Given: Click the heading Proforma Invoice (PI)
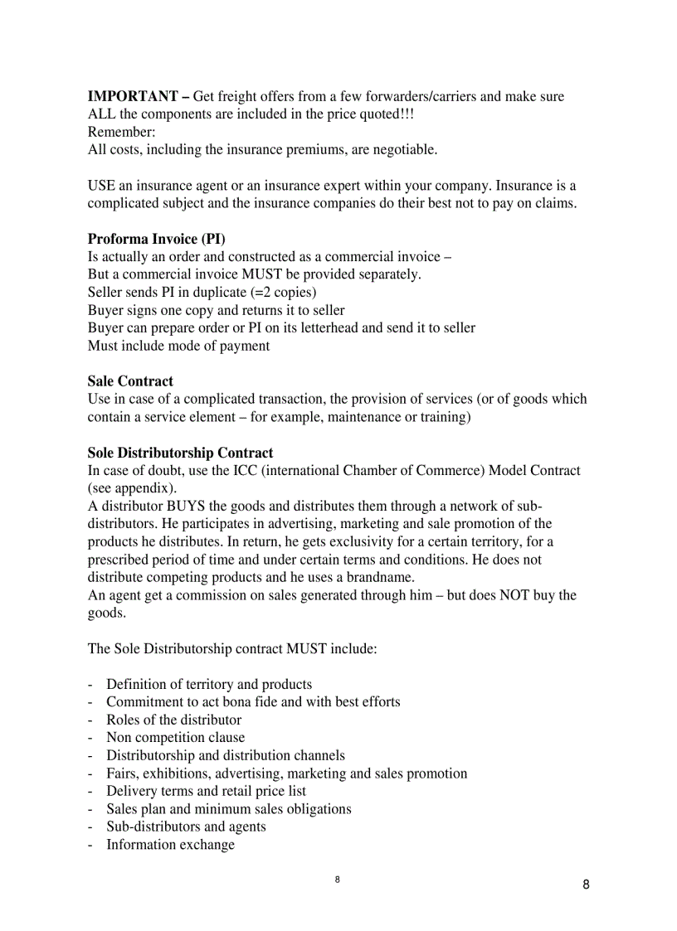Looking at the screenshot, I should tap(156, 240).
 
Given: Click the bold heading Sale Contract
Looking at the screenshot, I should tap(130, 381).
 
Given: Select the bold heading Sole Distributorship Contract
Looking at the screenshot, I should tap(180, 453).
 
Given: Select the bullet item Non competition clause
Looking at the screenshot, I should tap(175, 738).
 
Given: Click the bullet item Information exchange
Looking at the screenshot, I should tap(170, 845).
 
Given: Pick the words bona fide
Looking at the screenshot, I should tap(249, 702).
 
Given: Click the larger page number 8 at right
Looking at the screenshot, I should tap(586, 885).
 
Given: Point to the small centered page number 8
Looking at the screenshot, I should tap(338, 879).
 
